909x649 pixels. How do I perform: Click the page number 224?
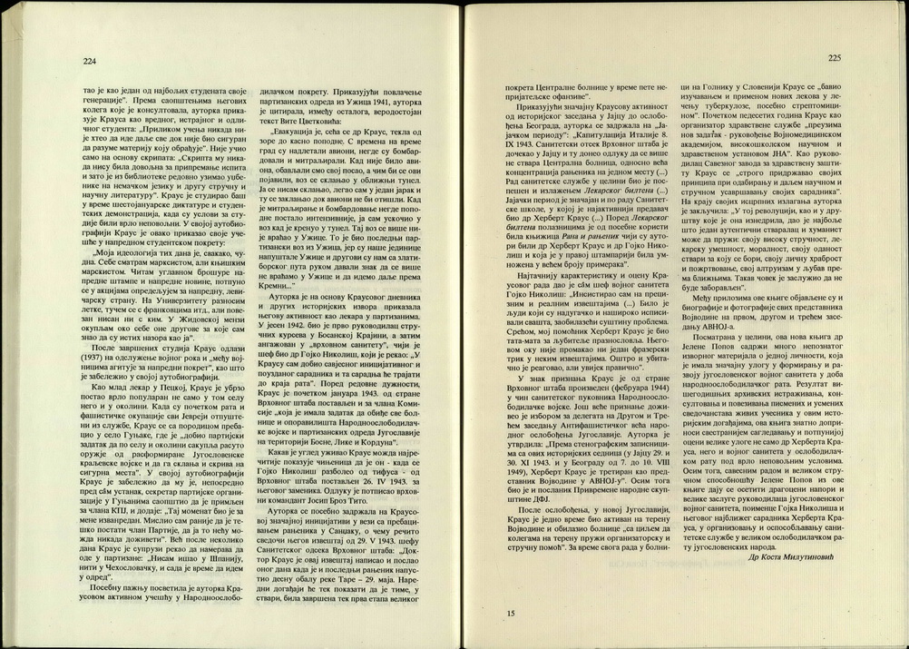(x=89, y=62)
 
